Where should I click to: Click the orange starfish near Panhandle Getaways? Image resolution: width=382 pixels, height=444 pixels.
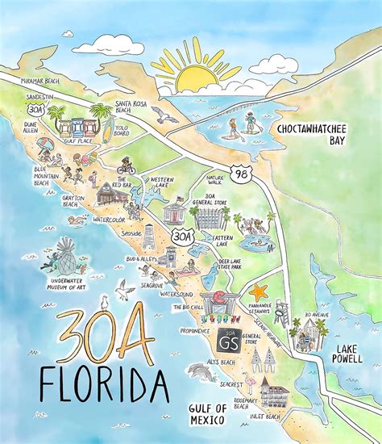(x=259, y=291)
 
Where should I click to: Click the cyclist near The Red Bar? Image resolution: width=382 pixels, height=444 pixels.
(x=127, y=167)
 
